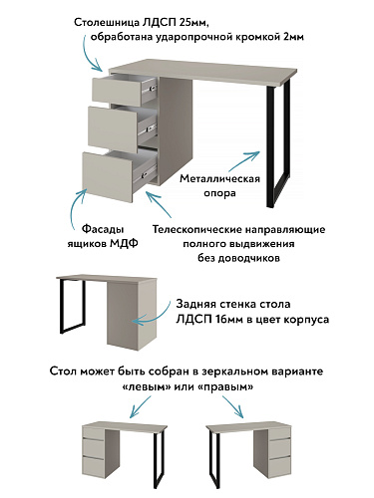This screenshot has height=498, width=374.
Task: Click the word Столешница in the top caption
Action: coord(107,23)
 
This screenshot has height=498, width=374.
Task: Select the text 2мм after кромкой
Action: coord(294,37)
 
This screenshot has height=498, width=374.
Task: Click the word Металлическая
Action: coord(219,178)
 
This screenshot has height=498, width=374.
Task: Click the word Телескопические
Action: coord(196,229)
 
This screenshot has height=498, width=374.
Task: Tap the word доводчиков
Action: coord(249,258)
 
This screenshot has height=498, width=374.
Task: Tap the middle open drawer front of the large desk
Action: coord(113,129)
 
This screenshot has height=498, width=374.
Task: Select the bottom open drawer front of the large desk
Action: coord(108,177)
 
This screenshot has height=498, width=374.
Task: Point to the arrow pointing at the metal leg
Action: coord(243,160)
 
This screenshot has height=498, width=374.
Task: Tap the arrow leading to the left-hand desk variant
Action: coord(140,406)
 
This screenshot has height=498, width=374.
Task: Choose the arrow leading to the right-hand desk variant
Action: coord(233,406)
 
